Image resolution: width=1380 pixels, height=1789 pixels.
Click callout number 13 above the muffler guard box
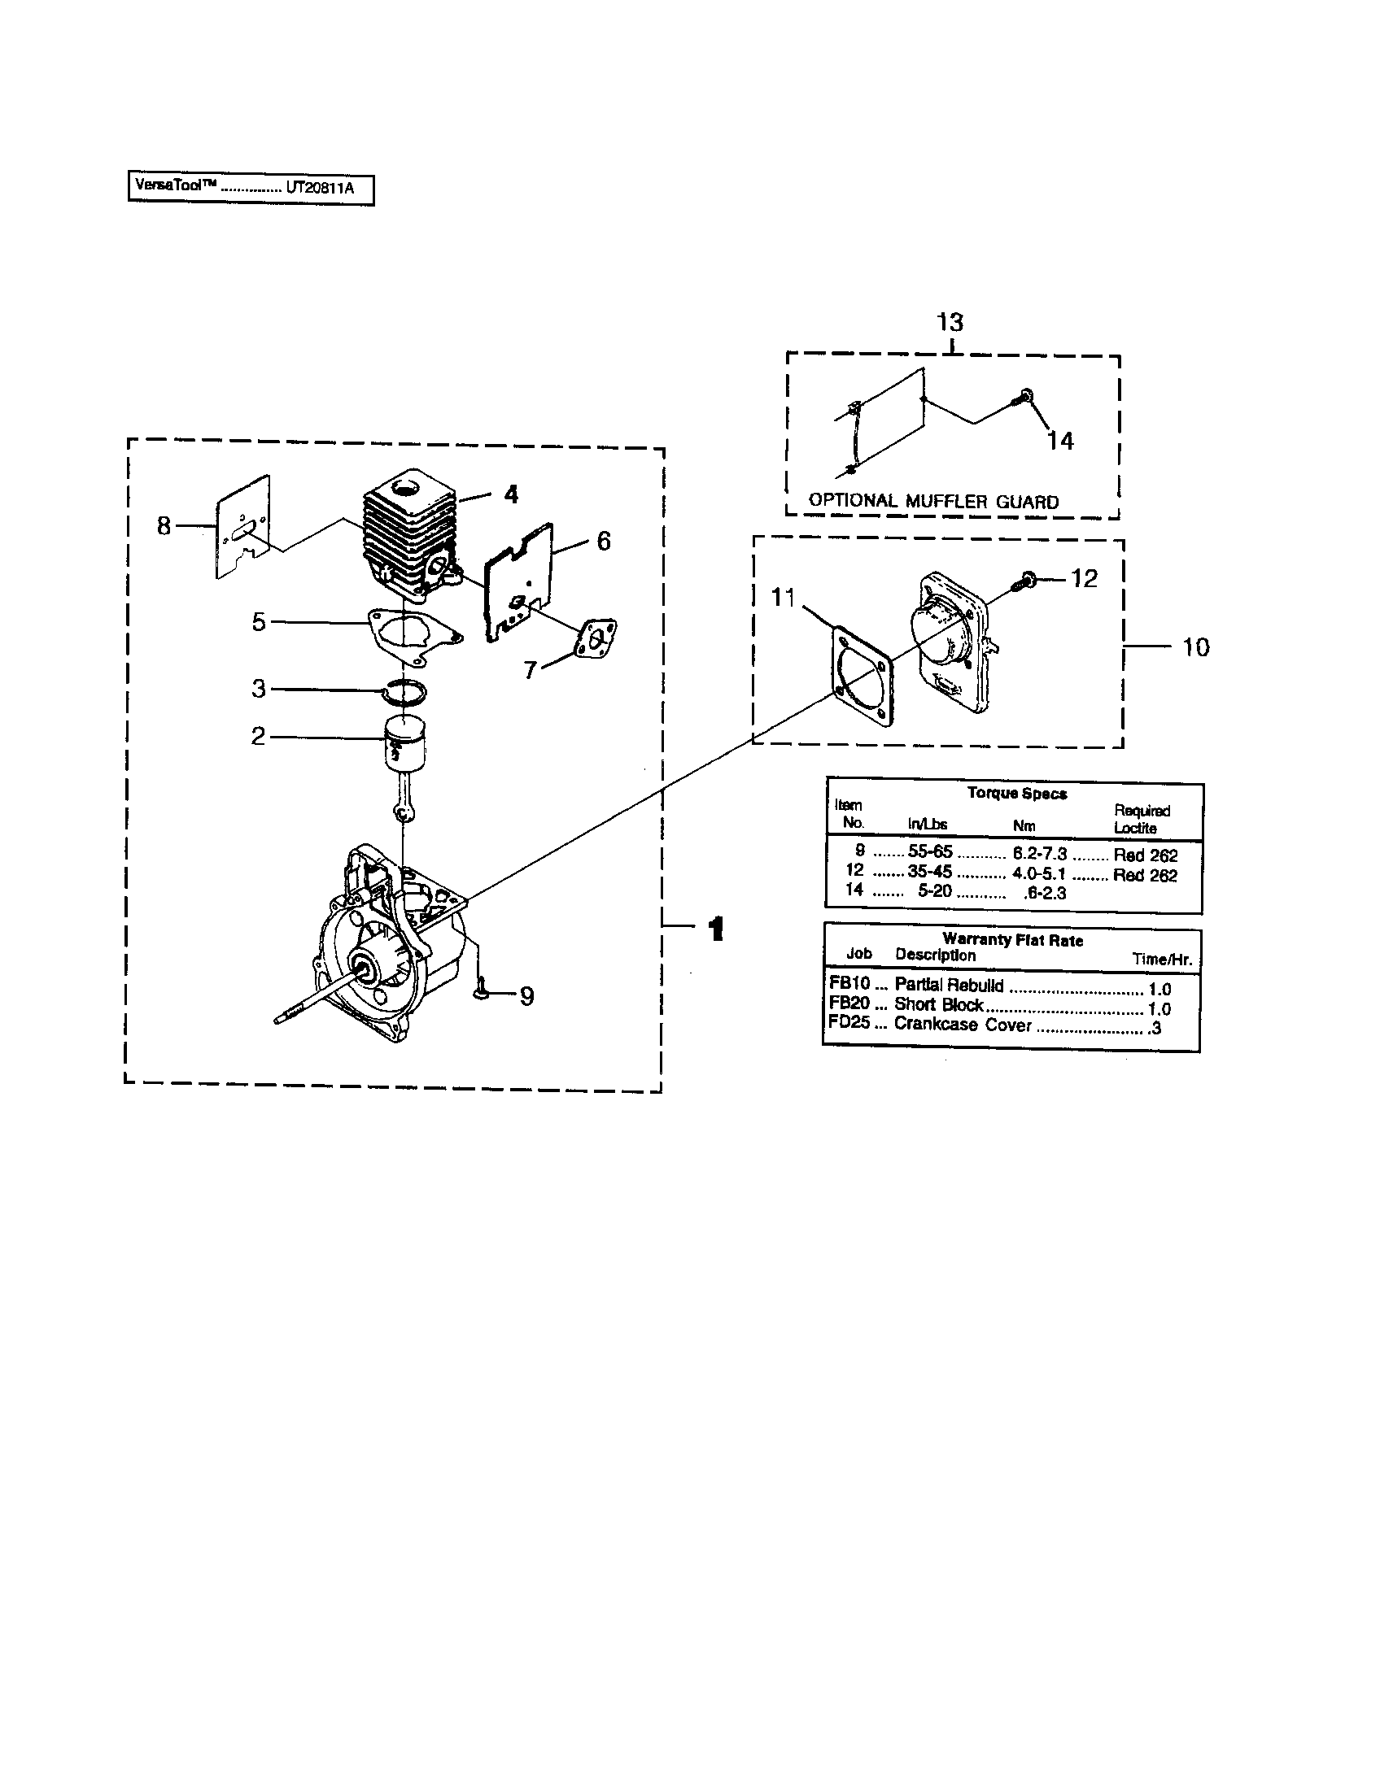coord(950,322)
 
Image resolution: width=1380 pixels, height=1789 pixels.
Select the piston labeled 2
coord(406,742)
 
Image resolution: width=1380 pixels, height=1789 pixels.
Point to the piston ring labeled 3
coord(404,693)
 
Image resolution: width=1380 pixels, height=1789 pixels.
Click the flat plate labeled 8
coord(242,529)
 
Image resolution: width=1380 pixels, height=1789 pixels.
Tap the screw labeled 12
coord(1025,581)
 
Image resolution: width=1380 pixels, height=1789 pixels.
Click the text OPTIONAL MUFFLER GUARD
coord(933,501)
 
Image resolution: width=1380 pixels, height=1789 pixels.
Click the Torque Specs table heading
coord(1016,793)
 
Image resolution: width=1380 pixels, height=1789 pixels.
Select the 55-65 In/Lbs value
coord(929,852)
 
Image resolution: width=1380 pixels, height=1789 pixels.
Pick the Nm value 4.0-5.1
coord(1038,873)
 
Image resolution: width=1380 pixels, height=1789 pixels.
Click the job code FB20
coord(849,1003)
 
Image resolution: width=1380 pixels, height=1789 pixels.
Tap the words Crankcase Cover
coord(962,1024)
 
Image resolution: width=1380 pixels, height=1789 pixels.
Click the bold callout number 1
coord(715,929)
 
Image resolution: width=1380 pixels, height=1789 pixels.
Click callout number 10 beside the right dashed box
coord(1195,647)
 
